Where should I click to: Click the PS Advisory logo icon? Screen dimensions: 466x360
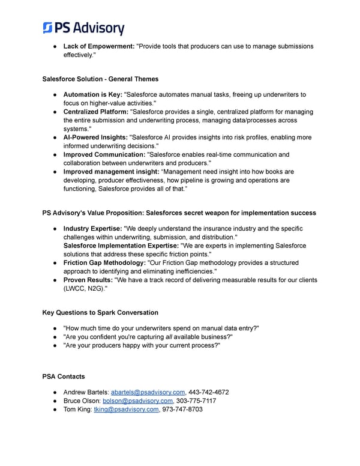(x=49, y=28)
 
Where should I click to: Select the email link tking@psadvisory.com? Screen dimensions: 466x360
(x=127, y=409)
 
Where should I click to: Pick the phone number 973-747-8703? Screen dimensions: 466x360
(x=182, y=409)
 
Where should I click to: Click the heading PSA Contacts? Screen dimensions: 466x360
(x=64, y=377)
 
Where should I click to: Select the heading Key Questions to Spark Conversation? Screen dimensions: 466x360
(x=101, y=312)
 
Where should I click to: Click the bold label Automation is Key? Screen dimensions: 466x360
(x=92, y=95)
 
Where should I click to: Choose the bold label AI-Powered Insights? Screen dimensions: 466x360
(x=95, y=137)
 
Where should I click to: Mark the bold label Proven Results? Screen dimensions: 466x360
(x=88, y=280)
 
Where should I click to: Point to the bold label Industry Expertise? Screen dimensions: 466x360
(x=93, y=229)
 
